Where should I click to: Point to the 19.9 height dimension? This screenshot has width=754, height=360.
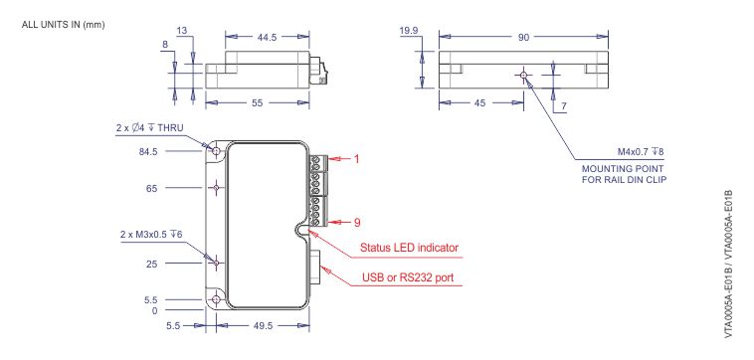pyautogui.click(x=408, y=31)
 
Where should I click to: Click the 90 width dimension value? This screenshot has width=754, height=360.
pyautogui.click(x=522, y=37)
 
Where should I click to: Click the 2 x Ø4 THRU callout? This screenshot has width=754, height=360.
pyautogui.click(x=157, y=129)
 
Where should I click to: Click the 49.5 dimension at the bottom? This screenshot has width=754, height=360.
pyautogui.click(x=264, y=324)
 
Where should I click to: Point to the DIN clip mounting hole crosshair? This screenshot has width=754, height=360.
pyautogui.click(x=522, y=76)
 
